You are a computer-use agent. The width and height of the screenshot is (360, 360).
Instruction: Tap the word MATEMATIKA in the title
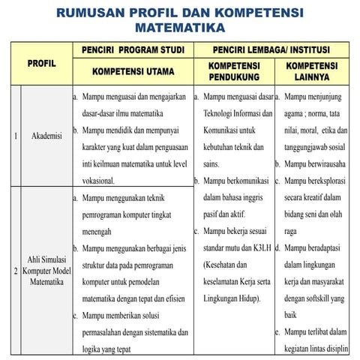(180, 28)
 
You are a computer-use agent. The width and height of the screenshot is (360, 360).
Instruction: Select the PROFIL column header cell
(42, 64)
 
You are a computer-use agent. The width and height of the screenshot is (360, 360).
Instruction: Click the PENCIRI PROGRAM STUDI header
(133, 50)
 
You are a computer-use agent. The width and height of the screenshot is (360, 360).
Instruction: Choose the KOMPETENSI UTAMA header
(133, 73)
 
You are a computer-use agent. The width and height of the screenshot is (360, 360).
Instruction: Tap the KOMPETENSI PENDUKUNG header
(233, 72)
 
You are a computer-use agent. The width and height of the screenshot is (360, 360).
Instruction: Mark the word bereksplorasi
(320, 180)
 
